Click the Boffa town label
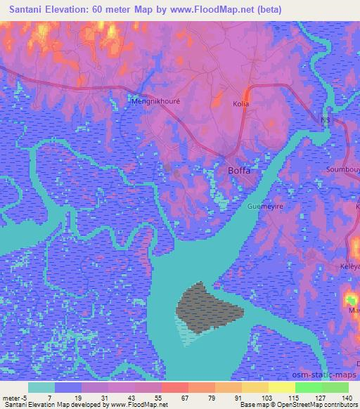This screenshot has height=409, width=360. point(240,171)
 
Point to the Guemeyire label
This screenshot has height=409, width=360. point(264,207)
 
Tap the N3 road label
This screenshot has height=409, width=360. point(324,120)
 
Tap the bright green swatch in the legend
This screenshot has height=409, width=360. point(309,387)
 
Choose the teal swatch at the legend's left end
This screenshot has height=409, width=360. point(41,387)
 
